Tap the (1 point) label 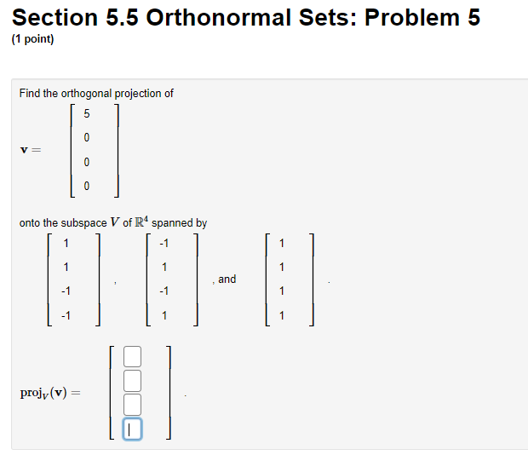click(x=33, y=39)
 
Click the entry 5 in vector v click(x=87, y=114)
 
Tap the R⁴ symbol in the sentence click(x=141, y=222)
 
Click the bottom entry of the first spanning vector click(x=65, y=316)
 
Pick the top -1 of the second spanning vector click(x=164, y=244)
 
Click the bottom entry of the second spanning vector click(x=164, y=316)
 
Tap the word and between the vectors click(x=227, y=279)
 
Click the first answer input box click(x=132, y=356)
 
